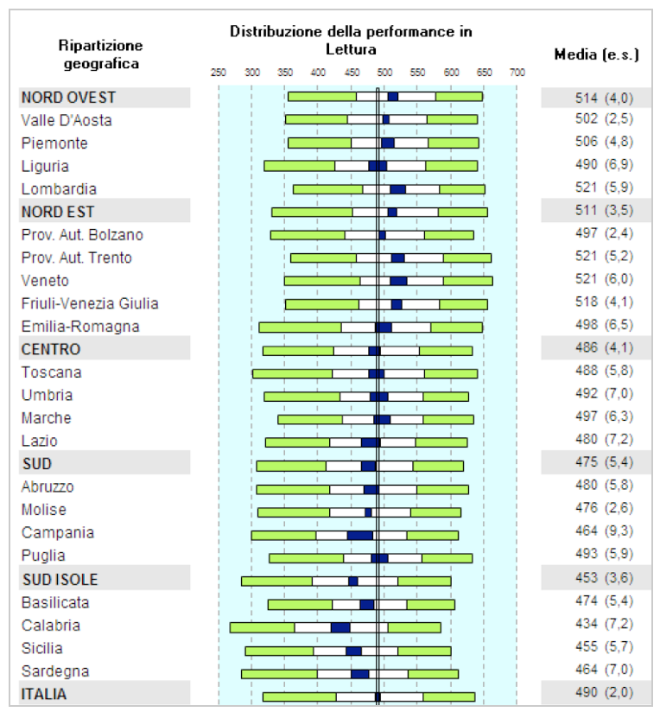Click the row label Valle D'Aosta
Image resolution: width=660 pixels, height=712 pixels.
pos(67,120)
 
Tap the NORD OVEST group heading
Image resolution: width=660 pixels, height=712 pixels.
pos(68,98)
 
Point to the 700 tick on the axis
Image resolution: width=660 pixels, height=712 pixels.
pos(517,73)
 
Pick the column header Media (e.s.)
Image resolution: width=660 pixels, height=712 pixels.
pos(596,54)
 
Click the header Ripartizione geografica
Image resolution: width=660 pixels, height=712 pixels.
pos(100,54)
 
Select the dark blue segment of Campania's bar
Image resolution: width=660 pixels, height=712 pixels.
pos(360,536)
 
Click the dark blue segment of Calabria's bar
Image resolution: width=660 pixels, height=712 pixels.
pos(340,627)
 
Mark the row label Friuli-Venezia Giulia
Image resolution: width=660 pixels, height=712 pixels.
pos(90,303)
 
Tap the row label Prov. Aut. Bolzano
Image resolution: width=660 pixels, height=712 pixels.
pos(82,235)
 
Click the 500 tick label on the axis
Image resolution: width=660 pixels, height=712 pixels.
pos(384,73)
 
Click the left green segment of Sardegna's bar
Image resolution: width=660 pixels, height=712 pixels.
pos(279,674)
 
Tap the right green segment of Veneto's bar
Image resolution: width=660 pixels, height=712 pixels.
pos(467,281)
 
